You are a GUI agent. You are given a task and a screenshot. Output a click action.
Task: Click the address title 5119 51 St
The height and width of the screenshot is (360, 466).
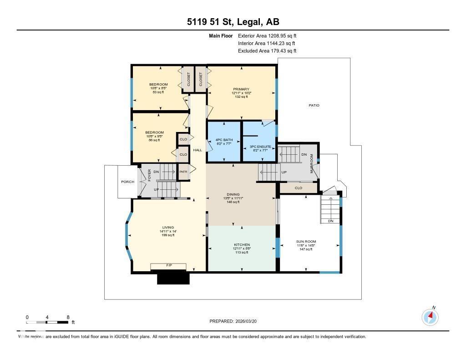[x=233, y=21]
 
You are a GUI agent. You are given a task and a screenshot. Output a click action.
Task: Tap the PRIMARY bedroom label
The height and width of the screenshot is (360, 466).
[x=242, y=89]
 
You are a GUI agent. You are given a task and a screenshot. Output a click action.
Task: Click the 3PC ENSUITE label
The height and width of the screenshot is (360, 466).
[x=260, y=147]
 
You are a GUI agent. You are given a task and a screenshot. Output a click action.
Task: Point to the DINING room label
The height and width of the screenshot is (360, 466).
[x=233, y=194]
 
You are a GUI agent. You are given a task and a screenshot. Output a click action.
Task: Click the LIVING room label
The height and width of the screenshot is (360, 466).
[x=168, y=228]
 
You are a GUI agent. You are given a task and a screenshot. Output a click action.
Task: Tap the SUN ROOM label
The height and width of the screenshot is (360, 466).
[x=306, y=242]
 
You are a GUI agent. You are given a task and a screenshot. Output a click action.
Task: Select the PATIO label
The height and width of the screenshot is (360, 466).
[x=314, y=105]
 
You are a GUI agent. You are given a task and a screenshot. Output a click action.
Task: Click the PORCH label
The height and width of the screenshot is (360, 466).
[x=127, y=182]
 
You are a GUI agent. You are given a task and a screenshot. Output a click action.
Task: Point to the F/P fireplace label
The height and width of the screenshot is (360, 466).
[x=168, y=265]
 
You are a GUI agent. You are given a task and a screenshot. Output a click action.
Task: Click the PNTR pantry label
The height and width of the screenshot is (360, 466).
[x=183, y=172]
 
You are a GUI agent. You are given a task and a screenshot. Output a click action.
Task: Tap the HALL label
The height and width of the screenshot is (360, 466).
[x=198, y=150]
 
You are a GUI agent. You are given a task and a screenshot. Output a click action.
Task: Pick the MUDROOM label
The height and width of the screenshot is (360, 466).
[x=312, y=163]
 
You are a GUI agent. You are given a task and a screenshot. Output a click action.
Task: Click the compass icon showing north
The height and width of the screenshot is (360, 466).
[x=430, y=317]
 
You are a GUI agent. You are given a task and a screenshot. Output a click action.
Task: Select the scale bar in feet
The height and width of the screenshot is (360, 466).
[x=47, y=322]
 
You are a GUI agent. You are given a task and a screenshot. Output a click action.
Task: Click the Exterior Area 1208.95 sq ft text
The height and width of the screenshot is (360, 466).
[x=267, y=35]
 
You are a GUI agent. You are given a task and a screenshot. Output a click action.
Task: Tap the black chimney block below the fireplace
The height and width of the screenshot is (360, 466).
[x=173, y=278]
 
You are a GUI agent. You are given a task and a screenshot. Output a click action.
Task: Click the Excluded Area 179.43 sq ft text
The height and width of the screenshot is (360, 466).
[x=267, y=51]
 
